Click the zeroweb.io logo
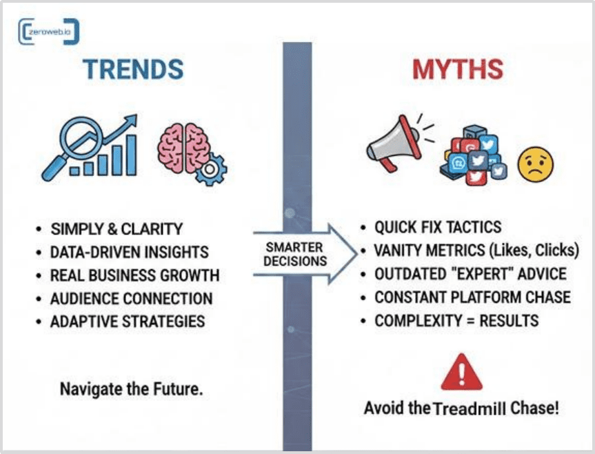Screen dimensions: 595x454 point(48,32)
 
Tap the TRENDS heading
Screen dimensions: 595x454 point(133,70)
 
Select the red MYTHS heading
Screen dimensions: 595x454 point(458,70)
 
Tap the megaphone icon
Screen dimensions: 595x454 point(394,143)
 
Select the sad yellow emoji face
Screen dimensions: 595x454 point(536,164)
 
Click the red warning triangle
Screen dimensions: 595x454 point(462,373)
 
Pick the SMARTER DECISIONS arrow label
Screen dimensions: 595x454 point(295,255)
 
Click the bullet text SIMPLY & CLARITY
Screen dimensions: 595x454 point(117,229)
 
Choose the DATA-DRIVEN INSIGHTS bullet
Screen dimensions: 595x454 point(130,253)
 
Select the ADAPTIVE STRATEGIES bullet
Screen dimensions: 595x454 point(128,322)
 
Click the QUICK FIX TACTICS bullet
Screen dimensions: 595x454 point(438,228)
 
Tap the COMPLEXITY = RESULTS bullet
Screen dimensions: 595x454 point(456,321)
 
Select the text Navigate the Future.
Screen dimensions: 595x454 point(131,389)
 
